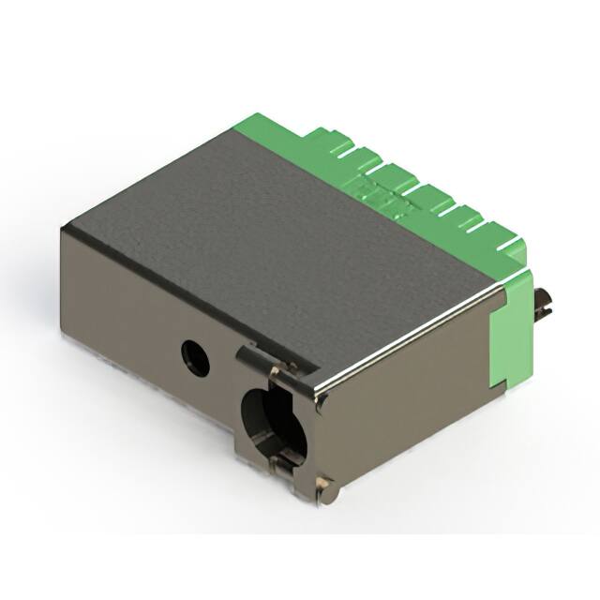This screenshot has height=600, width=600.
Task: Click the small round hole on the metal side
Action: click(x=195, y=357)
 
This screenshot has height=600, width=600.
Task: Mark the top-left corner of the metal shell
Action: click(x=64, y=227)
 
